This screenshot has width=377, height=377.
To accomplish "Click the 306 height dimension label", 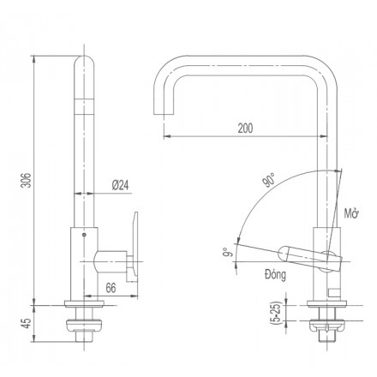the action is click(x=27, y=180).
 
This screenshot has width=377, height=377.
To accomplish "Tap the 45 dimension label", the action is click(x=27, y=323).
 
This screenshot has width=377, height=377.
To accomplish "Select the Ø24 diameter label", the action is click(x=120, y=186).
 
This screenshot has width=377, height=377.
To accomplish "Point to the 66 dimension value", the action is click(x=111, y=288).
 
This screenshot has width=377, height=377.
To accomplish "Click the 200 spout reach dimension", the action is click(x=245, y=129).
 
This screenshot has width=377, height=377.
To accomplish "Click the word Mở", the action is click(x=351, y=213).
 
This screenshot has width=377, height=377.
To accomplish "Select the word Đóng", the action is click(x=275, y=275).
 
